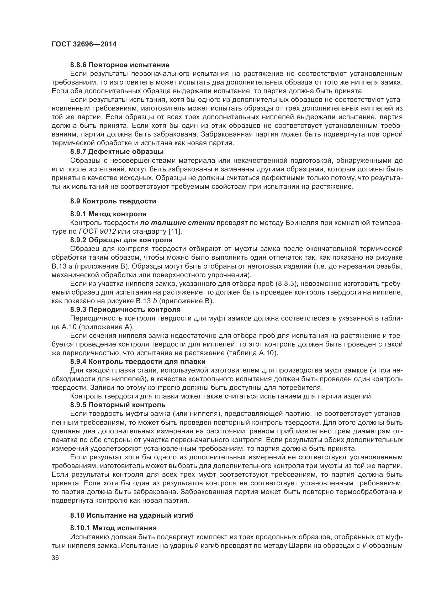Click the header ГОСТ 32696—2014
(x=84, y=44)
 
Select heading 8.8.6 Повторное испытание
(x=120, y=65)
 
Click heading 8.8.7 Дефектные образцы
(x=117, y=152)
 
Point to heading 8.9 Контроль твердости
(x=113, y=201)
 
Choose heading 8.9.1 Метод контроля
(x=108, y=214)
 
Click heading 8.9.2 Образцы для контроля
(x=121, y=240)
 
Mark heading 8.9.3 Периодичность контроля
(x=125, y=310)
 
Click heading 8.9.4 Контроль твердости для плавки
(x=138, y=361)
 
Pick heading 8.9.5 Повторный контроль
(x=118, y=405)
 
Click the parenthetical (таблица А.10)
(x=252, y=353)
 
